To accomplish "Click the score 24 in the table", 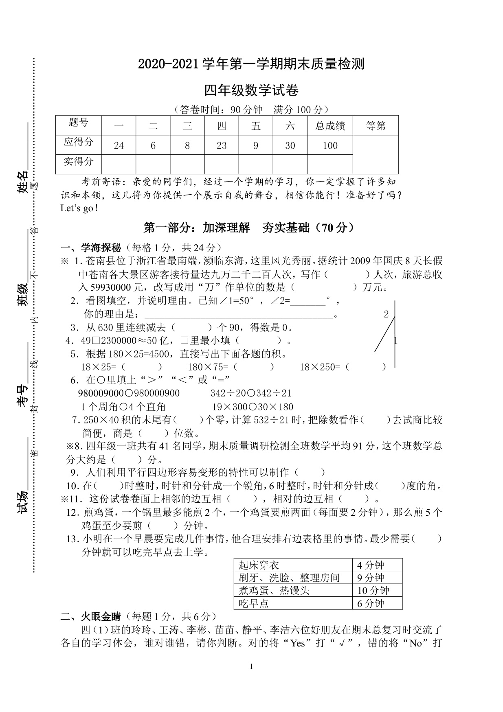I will (119, 146).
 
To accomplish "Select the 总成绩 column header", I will (330, 126).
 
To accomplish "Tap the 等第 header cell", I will (376, 126).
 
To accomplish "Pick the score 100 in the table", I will (330, 146).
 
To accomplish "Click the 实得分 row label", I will (79, 162).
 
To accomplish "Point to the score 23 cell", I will (222, 146).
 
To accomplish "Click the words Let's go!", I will (79, 208).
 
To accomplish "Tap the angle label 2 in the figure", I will (387, 314).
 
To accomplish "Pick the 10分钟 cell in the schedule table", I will (373, 591).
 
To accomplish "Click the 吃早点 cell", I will (254, 603).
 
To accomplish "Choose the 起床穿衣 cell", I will (259, 565).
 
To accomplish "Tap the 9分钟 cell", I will (371, 578).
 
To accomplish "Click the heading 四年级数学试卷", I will (251, 90).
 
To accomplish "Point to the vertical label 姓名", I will (23, 181).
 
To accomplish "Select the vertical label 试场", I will (23, 502).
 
